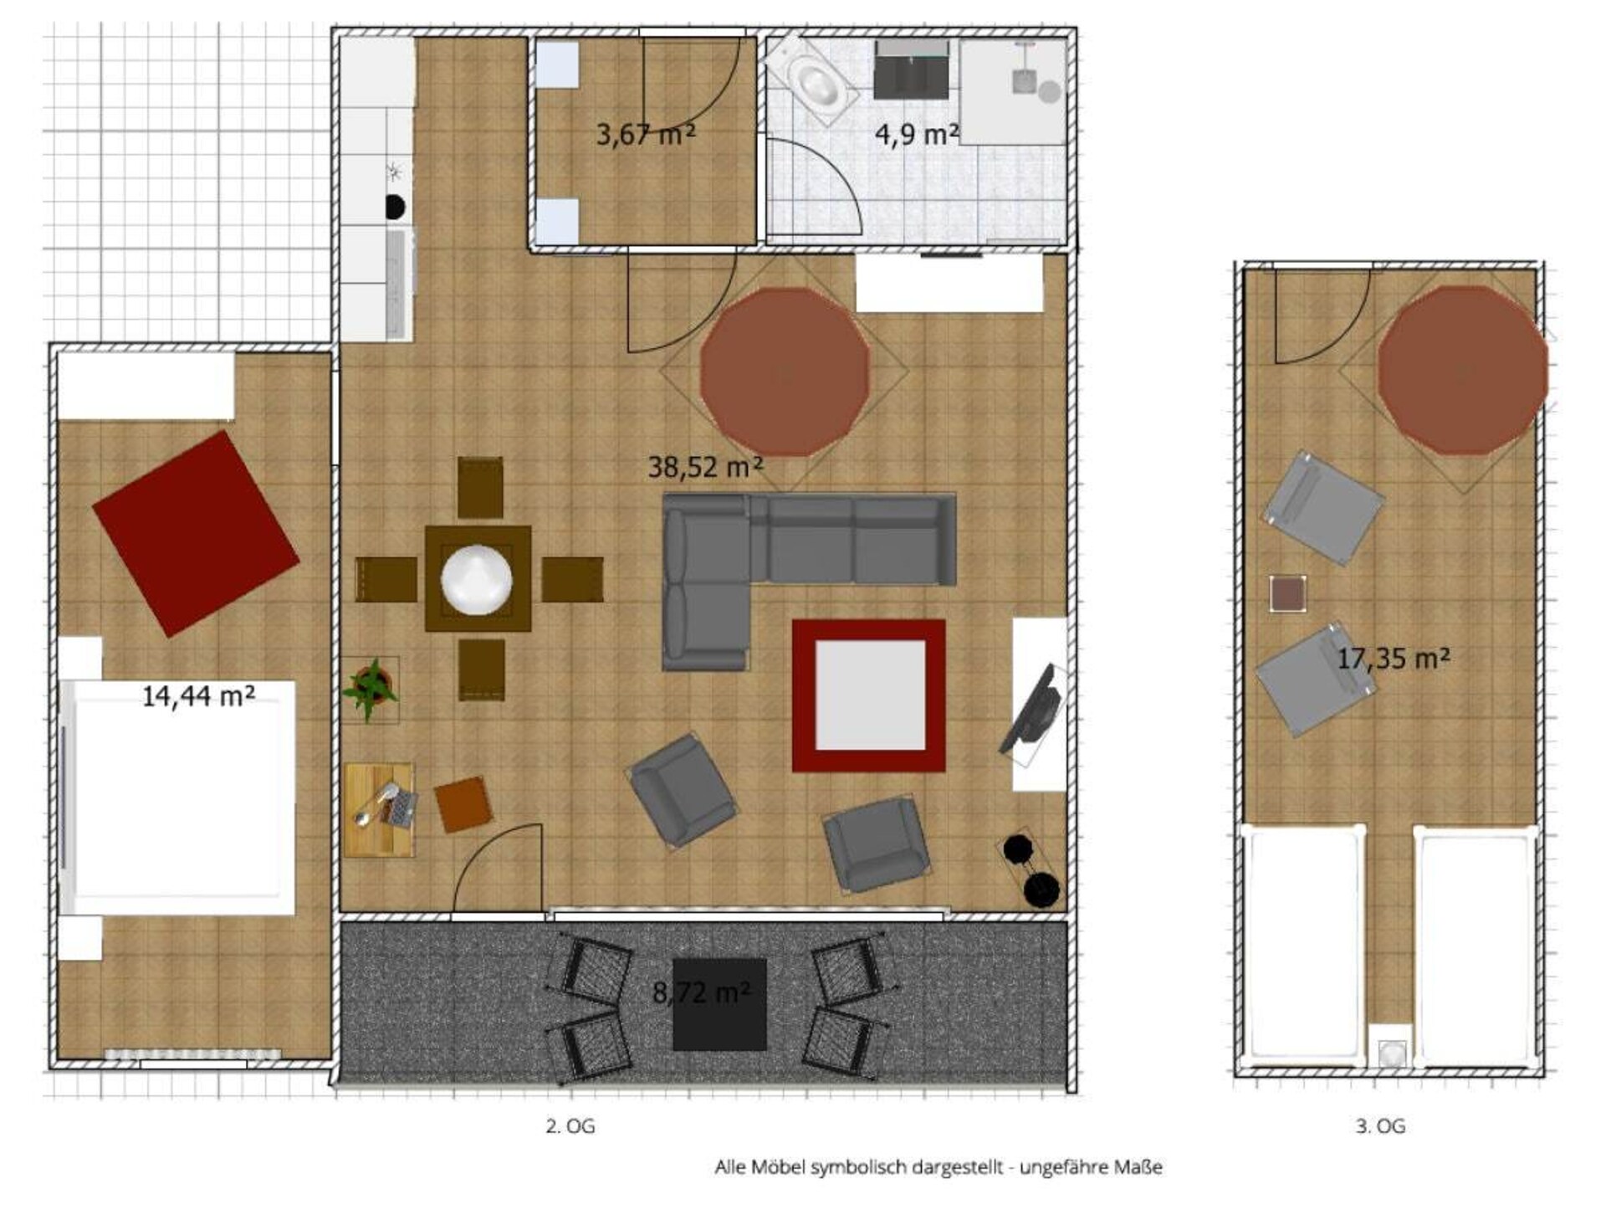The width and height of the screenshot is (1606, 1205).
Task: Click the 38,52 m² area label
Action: (x=705, y=466)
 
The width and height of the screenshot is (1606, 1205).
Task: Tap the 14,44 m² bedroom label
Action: (x=198, y=695)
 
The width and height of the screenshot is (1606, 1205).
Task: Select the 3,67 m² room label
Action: (x=645, y=134)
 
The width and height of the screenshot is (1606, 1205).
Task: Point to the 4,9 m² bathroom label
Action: (x=916, y=134)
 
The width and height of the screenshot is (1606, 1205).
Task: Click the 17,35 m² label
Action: (x=1394, y=659)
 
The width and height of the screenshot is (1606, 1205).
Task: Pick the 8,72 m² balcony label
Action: (x=701, y=992)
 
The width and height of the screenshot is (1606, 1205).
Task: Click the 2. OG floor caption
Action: (x=570, y=1126)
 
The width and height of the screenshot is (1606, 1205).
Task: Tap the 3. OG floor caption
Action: (x=1380, y=1126)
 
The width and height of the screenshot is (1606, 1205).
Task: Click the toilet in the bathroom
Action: (x=812, y=81)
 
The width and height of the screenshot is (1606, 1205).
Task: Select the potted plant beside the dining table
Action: (x=370, y=689)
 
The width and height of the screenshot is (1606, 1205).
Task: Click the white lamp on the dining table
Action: (x=477, y=578)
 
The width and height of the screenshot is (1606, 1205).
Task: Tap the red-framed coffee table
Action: (x=869, y=695)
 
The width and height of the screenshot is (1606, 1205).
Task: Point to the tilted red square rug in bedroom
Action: (x=196, y=534)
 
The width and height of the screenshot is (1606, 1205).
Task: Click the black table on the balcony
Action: (x=720, y=1004)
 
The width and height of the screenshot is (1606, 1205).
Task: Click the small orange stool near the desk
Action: (x=463, y=804)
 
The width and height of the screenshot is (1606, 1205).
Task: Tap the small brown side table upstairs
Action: (x=1288, y=594)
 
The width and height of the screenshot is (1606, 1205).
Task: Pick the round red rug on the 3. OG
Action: (x=1462, y=371)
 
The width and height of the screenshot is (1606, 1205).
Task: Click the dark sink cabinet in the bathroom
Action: (x=912, y=69)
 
